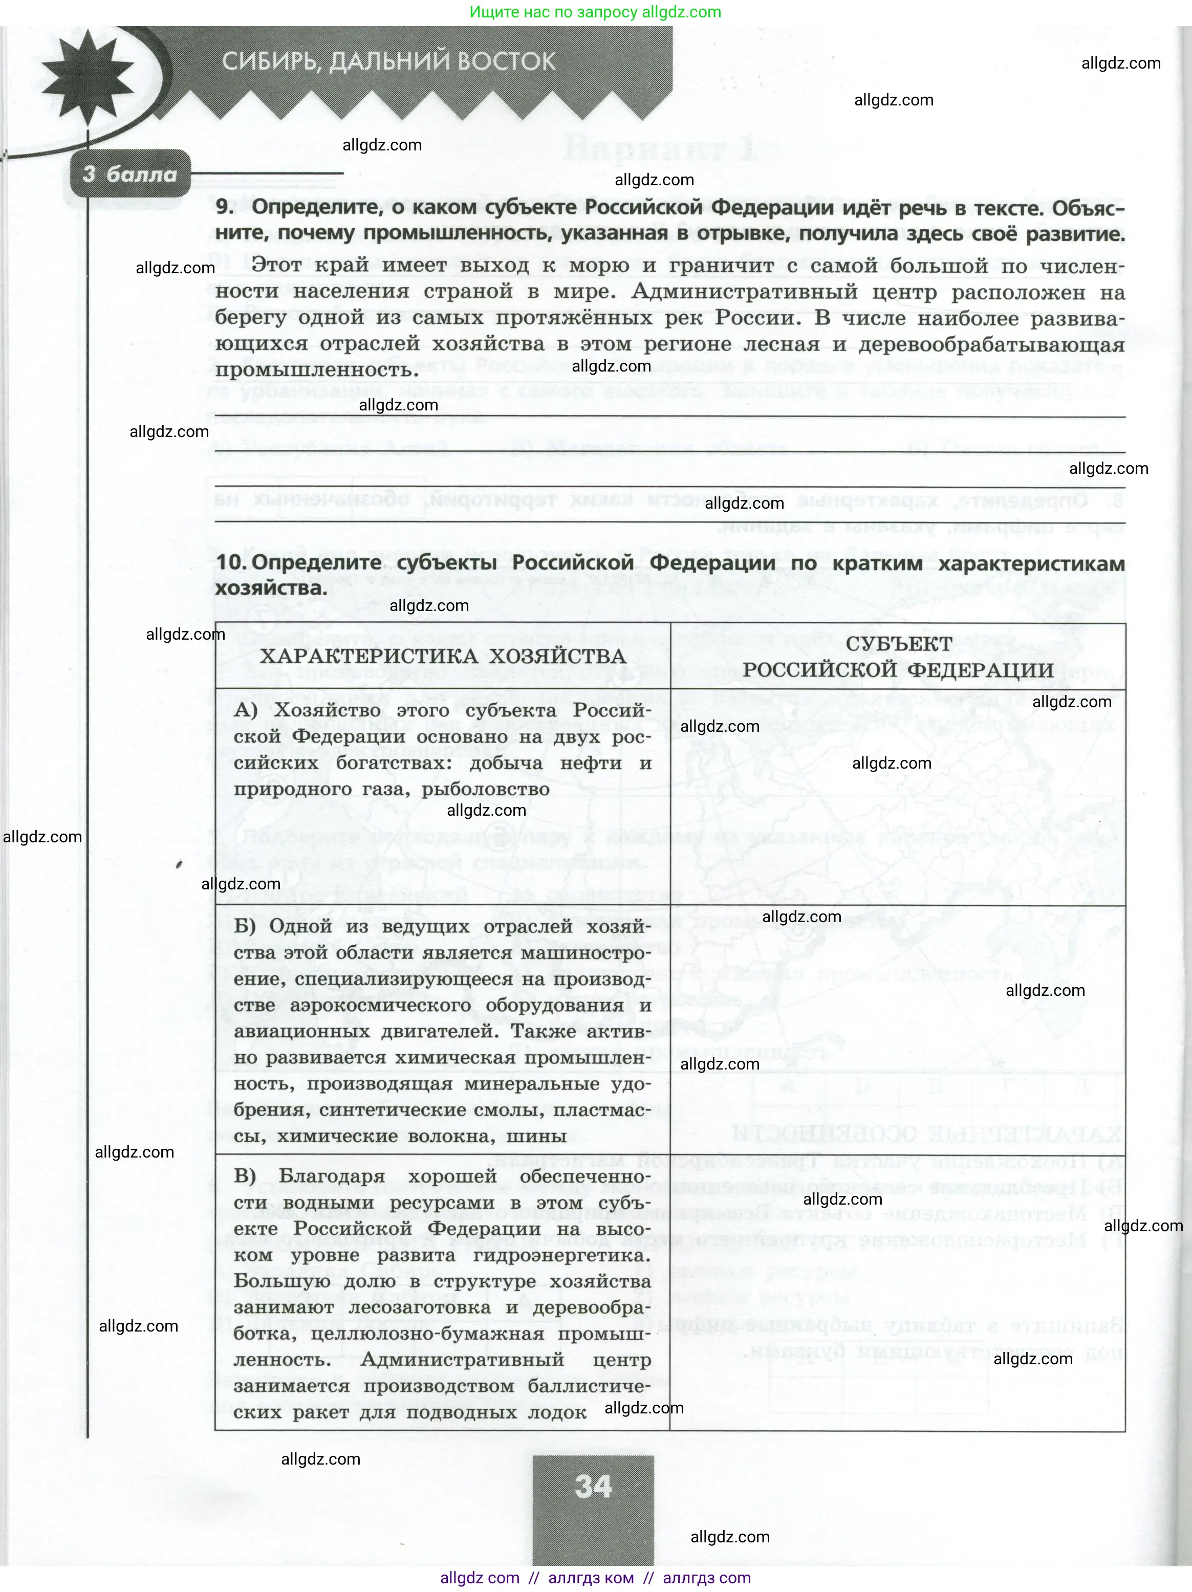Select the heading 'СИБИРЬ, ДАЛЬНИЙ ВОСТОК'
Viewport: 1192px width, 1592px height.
pyautogui.click(x=388, y=62)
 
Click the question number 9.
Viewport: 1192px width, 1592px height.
pyautogui.click(x=225, y=207)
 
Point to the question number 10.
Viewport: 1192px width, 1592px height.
pyautogui.click(x=232, y=563)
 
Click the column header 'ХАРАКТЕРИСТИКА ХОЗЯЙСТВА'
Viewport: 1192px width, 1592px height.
pyautogui.click(x=443, y=657)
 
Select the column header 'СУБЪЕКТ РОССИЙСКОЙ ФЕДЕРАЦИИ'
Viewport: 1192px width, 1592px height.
pyautogui.click(x=898, y=657)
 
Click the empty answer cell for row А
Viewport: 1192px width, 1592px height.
pyautogui.click(x=898, y=797)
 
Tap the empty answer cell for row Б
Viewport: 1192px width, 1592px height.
pyautogui.click(x=898, y=1029)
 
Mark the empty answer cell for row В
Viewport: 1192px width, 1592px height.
pyautogui.click(x=898, y=1293)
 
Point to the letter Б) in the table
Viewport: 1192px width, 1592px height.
pyautogui.click(x=245, y=926)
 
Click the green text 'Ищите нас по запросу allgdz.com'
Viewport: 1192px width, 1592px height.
pyautogui.click(x=595, y=12)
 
